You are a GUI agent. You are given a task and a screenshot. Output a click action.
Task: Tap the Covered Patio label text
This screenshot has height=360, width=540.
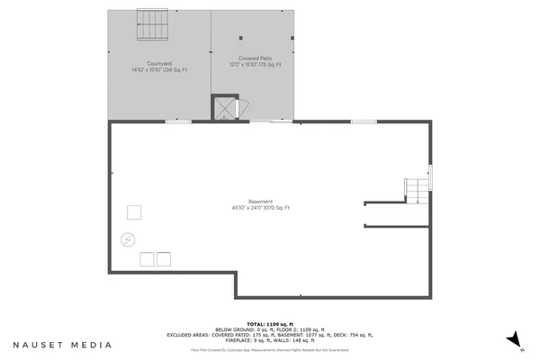pyautogui.click(x=255, y=58)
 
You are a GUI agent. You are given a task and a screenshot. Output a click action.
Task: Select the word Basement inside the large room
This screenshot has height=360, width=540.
pyautogui.click(x=260, y=201)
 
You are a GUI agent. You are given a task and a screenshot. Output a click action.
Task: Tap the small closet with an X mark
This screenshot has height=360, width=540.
pyautogui.click(x=222, y=108)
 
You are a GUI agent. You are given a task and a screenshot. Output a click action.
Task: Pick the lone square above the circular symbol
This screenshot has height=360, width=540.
pyautogui.click(x=133, y=212)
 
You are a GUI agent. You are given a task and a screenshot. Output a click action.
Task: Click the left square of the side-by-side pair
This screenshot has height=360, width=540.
pyautogui.click(x=147, y=259)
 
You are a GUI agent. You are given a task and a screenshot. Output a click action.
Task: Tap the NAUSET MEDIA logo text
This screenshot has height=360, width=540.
pyautogui.click(x=62, y=344)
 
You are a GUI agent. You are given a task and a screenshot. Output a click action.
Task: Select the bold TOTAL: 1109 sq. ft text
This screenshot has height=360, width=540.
pyautogui.click(x=269, y=323)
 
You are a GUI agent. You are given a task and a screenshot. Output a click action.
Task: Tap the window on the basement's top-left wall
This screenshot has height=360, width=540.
pyautogui.click(x=178, y=121)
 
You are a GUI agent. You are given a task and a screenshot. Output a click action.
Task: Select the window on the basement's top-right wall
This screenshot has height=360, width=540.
pyautogui.click(x=364, y=121)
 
